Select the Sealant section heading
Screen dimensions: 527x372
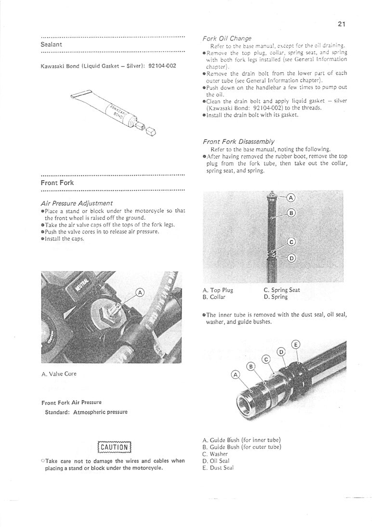[51, 44]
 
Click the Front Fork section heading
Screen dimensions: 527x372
[56, 183]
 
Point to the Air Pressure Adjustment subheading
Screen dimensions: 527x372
[77, 203]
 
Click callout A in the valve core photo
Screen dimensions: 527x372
[140, 292]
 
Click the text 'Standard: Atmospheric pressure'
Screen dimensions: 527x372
[86, 412]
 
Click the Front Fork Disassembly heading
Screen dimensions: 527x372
[239, 142]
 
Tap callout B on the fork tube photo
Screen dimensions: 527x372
[291, 213]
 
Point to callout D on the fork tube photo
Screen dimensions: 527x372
[291, 258]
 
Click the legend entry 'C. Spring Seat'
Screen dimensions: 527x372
[282, 290]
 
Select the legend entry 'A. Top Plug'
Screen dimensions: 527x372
[218, 290]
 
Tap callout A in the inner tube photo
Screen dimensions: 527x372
[236, 375]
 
